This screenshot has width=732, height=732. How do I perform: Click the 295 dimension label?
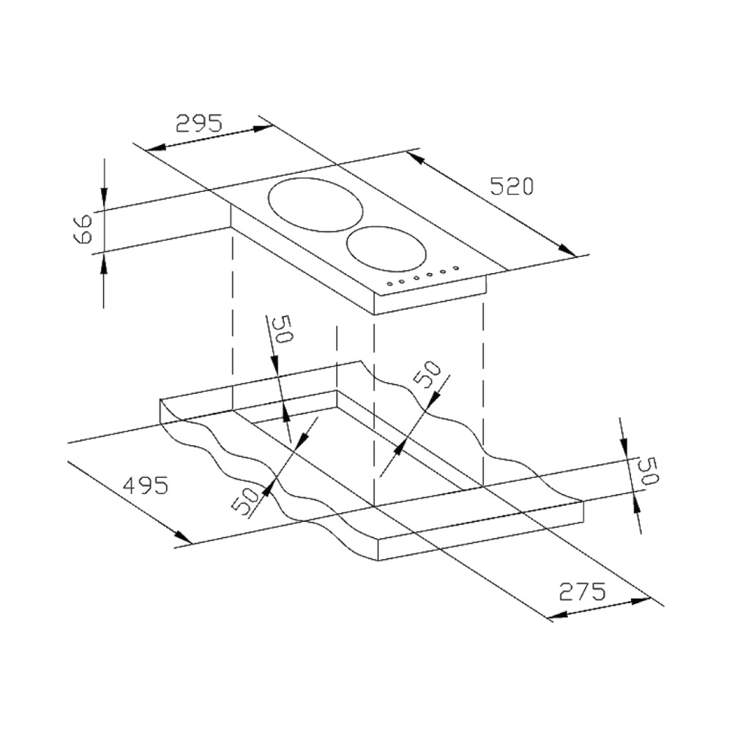199,123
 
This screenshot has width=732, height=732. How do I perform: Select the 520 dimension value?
511,186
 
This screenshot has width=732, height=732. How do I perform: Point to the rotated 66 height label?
83,228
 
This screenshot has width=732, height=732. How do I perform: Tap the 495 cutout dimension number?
145,485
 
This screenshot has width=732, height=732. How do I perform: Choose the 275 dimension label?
582,591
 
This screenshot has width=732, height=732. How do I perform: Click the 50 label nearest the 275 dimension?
649,471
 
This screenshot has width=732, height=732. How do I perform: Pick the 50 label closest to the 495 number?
245,501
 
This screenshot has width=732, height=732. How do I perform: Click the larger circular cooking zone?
315,205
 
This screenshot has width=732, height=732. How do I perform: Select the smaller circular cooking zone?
386,248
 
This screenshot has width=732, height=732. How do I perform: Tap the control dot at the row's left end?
389,283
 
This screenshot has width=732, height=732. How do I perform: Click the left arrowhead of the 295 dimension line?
155,148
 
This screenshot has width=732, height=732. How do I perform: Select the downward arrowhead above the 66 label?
104,196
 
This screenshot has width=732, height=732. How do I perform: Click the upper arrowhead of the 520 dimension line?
416,157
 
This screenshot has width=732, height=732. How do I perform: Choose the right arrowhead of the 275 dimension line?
641,600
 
